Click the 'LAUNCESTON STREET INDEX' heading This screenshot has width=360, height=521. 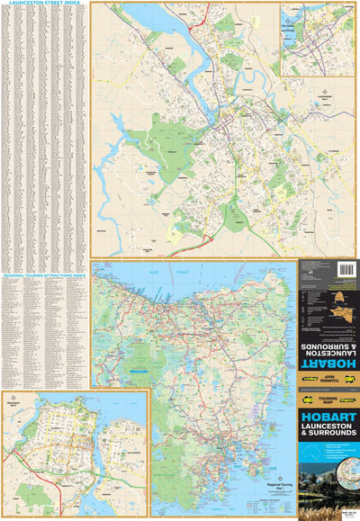(x=45, y=4)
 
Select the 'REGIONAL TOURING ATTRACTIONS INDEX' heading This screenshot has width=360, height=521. (x=45, y=266)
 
